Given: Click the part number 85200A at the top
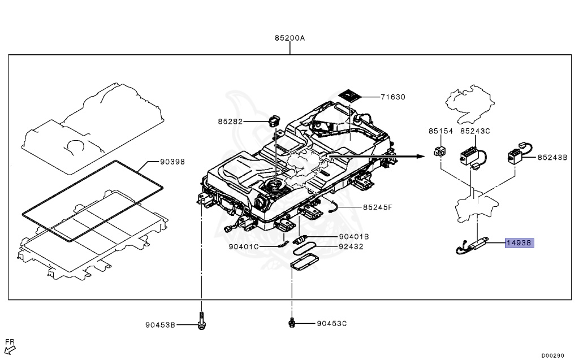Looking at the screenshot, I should tap(289, 38).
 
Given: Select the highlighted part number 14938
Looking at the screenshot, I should tap(520, 243).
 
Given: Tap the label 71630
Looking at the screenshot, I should tap(392, 97).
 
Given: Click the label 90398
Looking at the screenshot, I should tap(172, 162).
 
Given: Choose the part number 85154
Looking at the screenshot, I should tap(440, 131).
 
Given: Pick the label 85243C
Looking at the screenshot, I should tap(475, 131).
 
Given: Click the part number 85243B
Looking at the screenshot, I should tap(552, 158).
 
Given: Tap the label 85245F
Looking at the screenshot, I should tap(377, 207).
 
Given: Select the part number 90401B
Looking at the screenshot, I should tap(354, 237).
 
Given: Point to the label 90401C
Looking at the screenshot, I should tap(245, 247).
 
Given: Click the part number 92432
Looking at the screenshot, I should tap(351, 247).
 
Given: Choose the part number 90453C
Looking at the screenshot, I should tap(332, 324).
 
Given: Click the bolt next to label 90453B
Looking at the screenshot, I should tap(201, 321).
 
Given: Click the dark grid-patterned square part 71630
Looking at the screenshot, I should tap(351, 95).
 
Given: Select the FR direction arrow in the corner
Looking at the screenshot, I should tap(10, 345).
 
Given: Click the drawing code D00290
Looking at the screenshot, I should tap(552, 355).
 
